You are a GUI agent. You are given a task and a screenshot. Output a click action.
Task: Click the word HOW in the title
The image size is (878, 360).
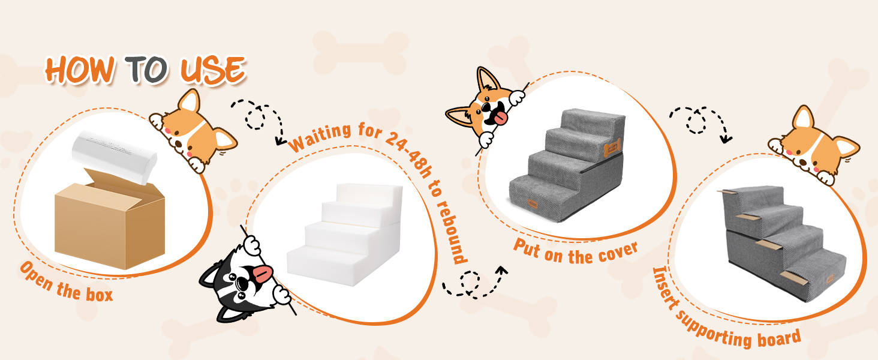point(80,70)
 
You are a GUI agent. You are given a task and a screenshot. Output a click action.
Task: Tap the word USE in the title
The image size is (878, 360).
point(213,70)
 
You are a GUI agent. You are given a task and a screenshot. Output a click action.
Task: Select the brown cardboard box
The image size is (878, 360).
point(110,219)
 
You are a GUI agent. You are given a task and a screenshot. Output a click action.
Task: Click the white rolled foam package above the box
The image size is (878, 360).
point(114,157)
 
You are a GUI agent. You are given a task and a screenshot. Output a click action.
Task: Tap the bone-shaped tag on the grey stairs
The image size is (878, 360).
point(612,148)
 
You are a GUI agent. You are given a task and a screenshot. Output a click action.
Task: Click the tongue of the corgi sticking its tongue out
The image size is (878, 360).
point(500,118)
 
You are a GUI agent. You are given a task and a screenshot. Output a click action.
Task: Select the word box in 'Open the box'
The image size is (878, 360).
point(99,294)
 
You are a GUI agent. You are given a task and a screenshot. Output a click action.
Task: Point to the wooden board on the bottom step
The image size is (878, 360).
point(794,278)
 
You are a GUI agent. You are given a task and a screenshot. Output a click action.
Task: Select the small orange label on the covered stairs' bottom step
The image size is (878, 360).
point(533,203)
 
